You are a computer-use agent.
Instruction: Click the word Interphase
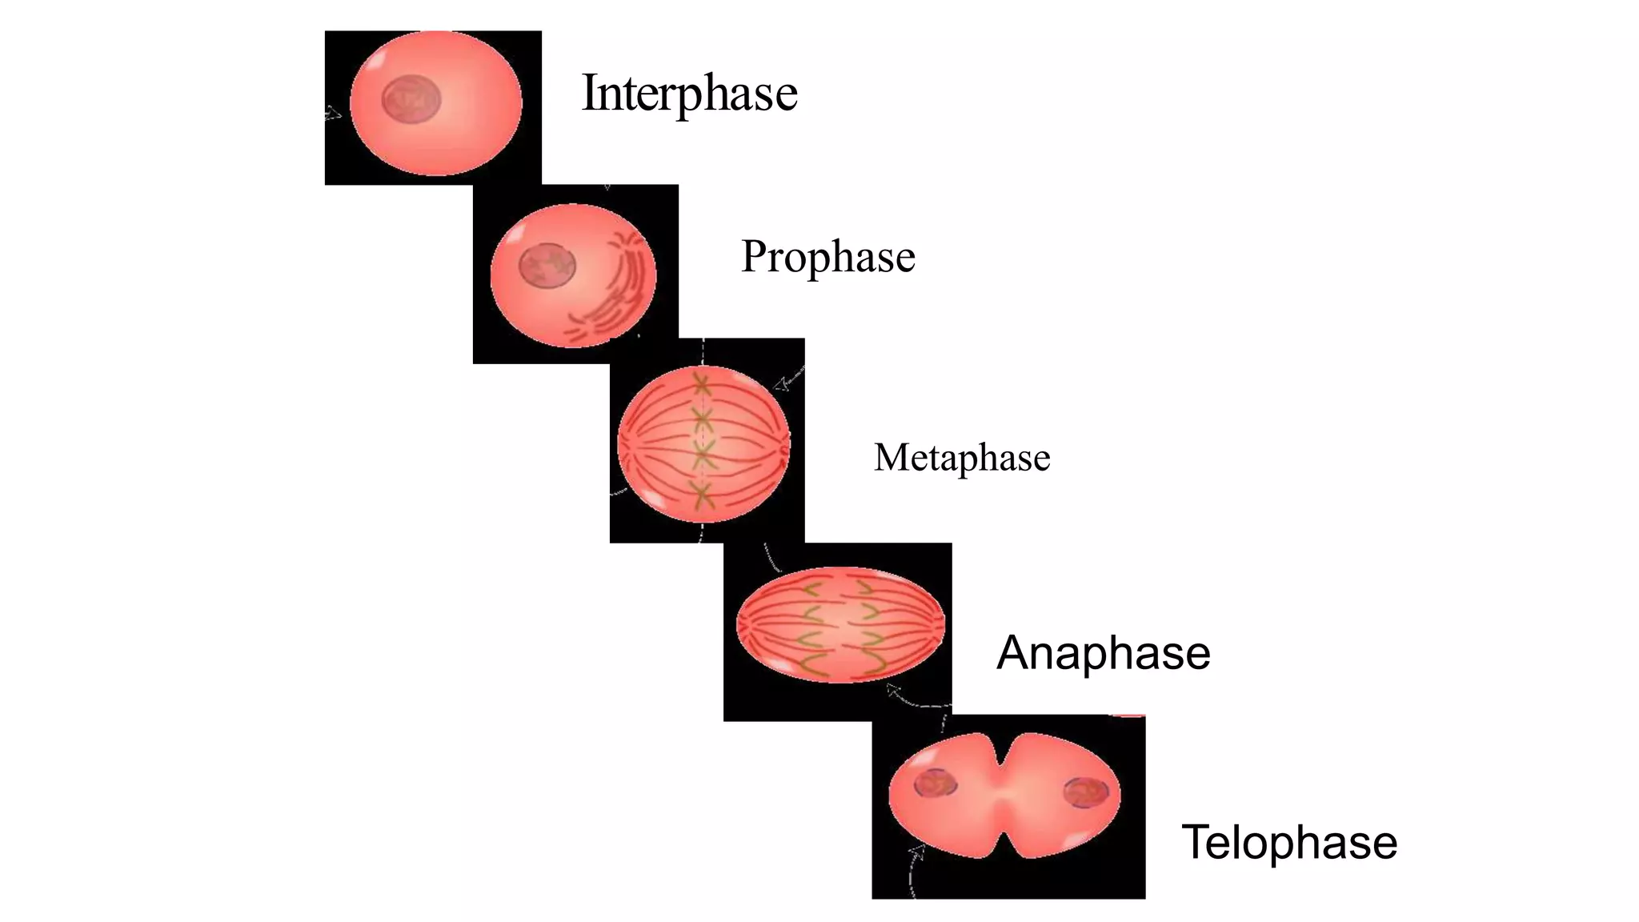pos(689,93)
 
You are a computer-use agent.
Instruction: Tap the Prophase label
pos(828,257)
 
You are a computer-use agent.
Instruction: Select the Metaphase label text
pos(962,458)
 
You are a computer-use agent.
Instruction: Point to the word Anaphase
pos(1103,653)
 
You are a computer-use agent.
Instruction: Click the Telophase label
pos(1289,843)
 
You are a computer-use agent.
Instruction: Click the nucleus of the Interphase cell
pos(411,100)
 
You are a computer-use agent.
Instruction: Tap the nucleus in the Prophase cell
pos(547,265)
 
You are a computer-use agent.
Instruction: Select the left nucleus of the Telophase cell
pos(936,783)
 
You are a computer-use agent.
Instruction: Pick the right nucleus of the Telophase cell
pos(1086,792)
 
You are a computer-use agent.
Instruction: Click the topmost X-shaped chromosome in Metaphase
pos(702,385)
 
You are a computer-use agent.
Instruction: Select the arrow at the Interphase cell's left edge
pos(333,114)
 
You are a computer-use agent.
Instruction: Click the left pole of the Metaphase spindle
pos(621,443)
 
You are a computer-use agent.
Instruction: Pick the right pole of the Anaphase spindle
pos(941,624)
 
